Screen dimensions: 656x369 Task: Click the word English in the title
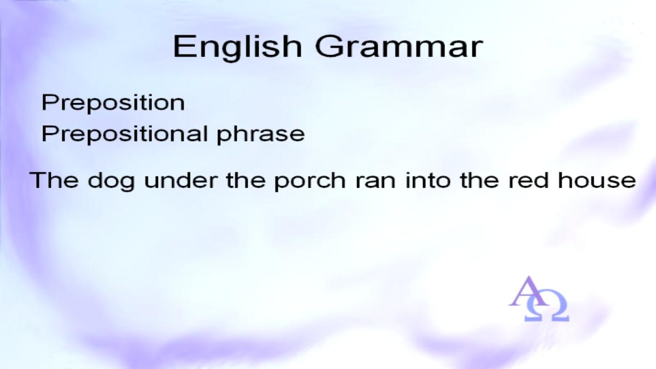(x=237, y=48)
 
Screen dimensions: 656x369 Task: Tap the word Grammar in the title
(x=399, y=46)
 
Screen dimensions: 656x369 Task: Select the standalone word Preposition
(x=113, y=103)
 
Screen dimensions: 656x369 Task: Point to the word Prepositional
(x=125, y=134)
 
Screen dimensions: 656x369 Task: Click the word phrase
(x=261, y=135)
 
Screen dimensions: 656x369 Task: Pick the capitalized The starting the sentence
(x=54, y=180)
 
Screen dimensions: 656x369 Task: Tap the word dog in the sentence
(x=112, y=181)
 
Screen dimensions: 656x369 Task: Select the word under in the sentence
(x=181, y=180)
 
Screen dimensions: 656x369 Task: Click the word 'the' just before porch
(x=245, y=180)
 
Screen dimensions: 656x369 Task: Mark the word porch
(x=310, y=181)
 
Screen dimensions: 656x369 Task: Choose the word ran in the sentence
(x=376, y=182)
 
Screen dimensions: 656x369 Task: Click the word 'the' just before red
(x=479, y=180)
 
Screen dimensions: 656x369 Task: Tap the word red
(x=528, y=180)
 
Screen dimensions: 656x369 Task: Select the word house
(x=597, y=180)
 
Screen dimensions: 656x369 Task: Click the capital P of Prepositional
(x=50, y=134)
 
